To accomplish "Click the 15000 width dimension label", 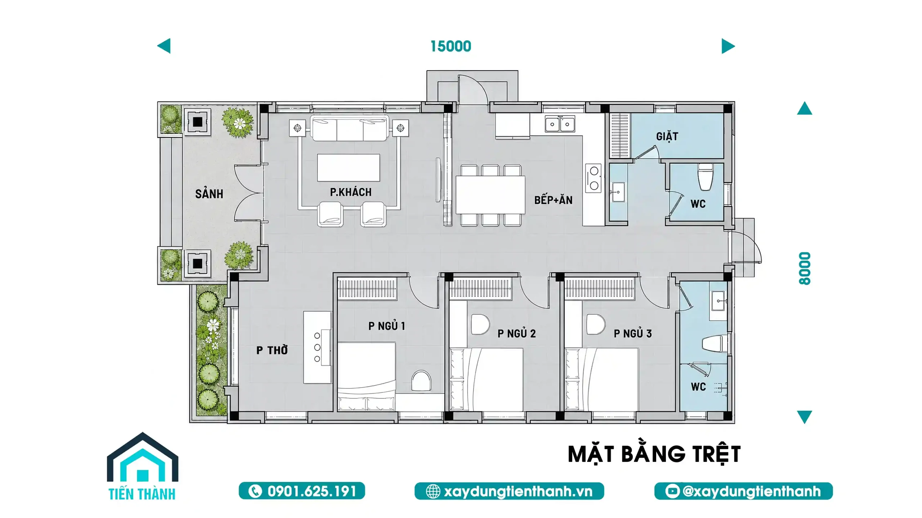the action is [451, 46].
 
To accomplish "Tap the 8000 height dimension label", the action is [805, 269].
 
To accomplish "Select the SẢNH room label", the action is [209, 194].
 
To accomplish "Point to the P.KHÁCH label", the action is [351, 192].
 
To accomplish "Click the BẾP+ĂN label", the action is [553, 200].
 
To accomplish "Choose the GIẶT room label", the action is [667, 136].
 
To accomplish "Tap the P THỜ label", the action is [272, 350].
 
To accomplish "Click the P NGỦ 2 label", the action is [516, 334].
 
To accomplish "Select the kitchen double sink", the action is [560, 124].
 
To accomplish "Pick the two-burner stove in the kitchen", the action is [593, 178].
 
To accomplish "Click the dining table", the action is [490, 195].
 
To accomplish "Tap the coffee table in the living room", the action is [348, 168].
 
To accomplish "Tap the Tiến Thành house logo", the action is [143, 466].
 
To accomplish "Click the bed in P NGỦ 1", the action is [367, 376].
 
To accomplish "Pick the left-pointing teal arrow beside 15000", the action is [164, 46].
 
